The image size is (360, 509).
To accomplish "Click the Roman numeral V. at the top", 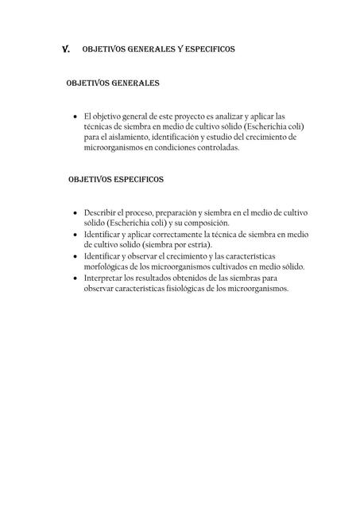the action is click(66, 49).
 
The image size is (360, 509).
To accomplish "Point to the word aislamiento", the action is click(121, 137).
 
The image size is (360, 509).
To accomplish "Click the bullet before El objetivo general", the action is click(75, 116).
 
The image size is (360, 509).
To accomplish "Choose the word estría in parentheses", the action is click(208, 247).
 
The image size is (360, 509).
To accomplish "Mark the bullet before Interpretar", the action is click(75, 279).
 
